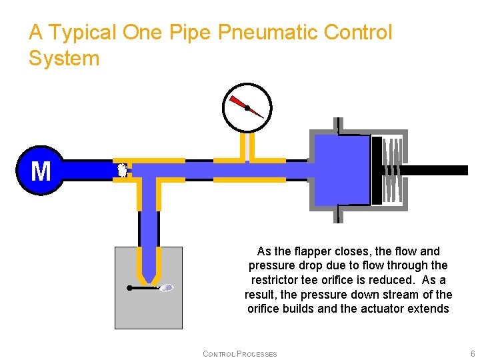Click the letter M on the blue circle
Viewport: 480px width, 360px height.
[x=41, y=171]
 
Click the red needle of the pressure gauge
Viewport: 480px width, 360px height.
[x=238, y=103]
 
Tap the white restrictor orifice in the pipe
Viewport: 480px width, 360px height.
[x=122, y=170]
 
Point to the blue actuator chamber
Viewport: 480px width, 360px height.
[x=341, y=170]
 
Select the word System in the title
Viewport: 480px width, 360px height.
[x=64, y=58]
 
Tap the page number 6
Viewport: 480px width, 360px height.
[x=473, y=353]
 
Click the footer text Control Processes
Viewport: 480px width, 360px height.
[x=240, y=353]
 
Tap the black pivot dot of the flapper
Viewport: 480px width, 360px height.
[x=129, y=288]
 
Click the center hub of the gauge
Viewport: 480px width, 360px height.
[x=247, y=107]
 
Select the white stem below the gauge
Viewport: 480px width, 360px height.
[x=247, y=147]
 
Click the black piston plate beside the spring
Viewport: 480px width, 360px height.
[x=377, y=170]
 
